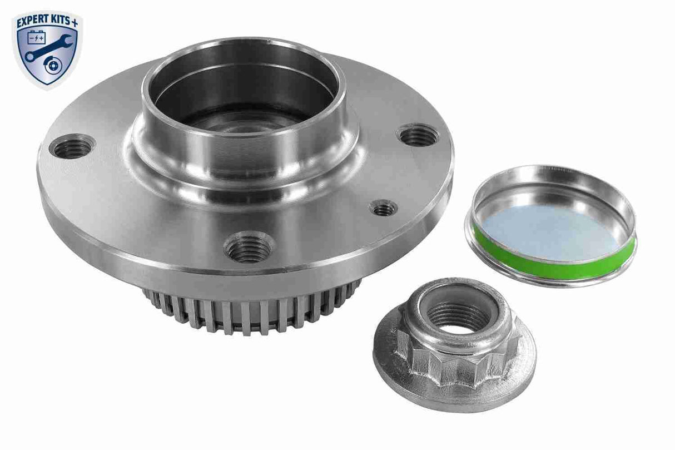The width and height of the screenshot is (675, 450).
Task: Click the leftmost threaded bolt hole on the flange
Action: point(72,147)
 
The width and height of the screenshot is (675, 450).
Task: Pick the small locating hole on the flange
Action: point(383,209)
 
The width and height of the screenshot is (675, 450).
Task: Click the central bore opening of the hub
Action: point(243,106)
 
